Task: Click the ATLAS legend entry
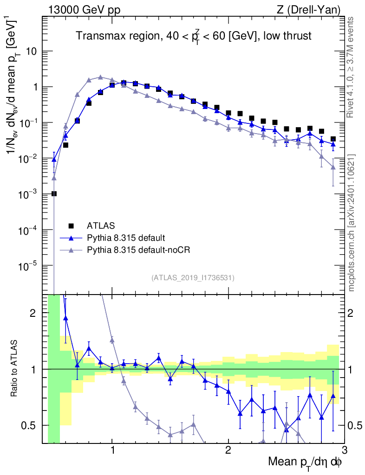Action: coord(99,226)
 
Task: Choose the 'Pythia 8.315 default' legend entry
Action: coord(125,238)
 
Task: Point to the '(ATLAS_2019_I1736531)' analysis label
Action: coord(193,278)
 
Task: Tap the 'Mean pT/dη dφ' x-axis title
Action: coord(306,462)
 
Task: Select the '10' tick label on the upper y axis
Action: coord(32,51)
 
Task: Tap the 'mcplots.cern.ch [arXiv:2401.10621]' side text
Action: coord(352,223)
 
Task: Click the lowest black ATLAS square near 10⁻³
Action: coord(54,194)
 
